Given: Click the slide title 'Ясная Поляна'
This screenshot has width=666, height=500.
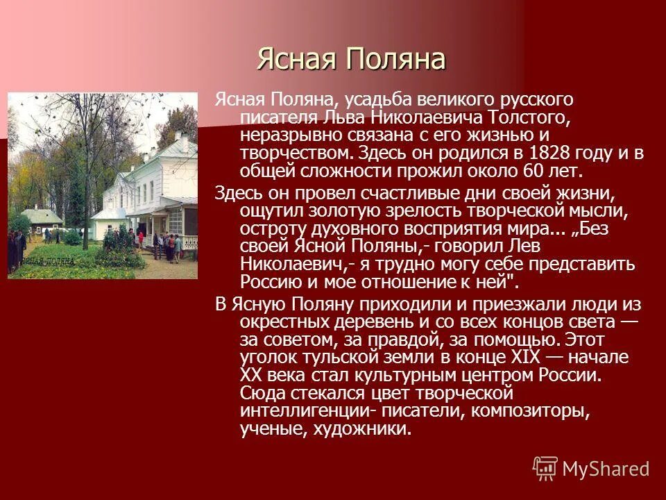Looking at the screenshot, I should point(350,60).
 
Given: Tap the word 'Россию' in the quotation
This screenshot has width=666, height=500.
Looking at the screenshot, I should point(269,282).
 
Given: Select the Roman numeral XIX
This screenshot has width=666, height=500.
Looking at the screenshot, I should point(526,358).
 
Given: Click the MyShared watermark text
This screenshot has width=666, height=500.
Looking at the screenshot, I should point(606,469).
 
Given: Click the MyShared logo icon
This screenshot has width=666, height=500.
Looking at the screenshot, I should point(545,468).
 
